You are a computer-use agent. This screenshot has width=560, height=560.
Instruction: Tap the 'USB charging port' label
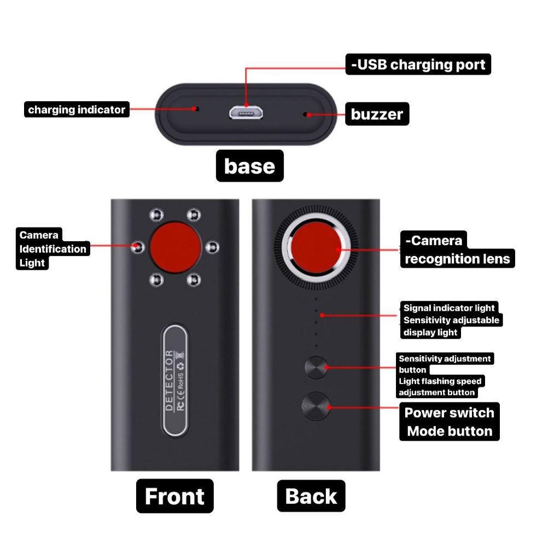418,65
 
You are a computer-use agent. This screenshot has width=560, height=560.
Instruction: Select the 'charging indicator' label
77,110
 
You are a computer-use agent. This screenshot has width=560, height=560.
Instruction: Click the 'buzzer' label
377,114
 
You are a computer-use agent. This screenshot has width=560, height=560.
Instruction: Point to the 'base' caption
249,166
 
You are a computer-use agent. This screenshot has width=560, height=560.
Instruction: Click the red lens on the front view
175,247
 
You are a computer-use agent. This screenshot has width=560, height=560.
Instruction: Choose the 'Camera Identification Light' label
52,249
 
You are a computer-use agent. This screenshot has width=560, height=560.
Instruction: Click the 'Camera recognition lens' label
457,249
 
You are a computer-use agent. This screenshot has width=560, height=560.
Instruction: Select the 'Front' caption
174,496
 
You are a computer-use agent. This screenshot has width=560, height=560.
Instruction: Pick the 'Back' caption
311,496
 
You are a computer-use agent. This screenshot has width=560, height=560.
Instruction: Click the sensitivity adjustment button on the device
316,367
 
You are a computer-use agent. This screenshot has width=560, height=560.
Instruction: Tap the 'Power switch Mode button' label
450,422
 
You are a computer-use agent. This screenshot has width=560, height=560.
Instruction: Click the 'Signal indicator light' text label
449,308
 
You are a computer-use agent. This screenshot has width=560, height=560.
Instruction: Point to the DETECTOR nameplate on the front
174,381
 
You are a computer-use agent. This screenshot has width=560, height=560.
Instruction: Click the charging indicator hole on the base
197,109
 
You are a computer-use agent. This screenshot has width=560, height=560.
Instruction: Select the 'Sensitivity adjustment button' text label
444,359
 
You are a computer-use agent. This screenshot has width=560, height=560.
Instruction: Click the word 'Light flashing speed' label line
440,381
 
